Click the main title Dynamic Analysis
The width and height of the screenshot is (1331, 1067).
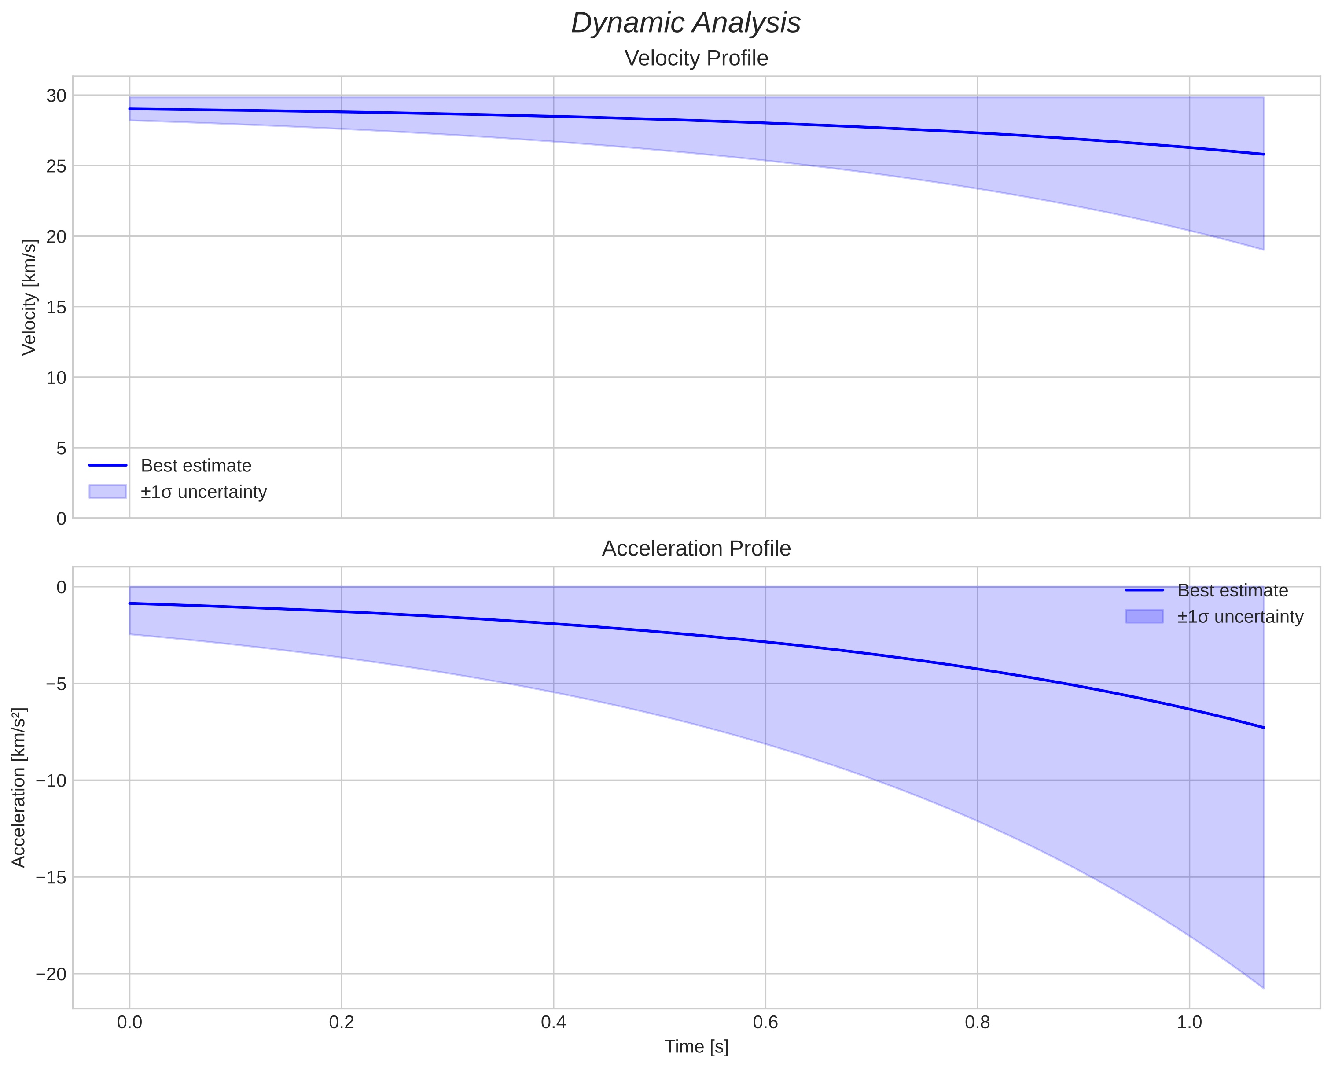click(x=685, y=23)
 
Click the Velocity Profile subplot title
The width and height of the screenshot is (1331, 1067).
click(x=696, y=58)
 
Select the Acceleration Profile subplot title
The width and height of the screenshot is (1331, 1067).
click(x=696, y=548)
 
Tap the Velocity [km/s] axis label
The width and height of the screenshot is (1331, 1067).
click(x=29, y=297)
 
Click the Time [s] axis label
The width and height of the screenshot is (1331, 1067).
click(x=696, y=1046)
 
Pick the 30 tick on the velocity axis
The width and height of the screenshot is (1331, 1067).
click(x=56, y=96)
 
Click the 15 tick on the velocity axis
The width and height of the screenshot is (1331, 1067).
click(x=56, y=307)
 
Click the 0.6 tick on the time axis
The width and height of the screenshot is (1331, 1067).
click(x=765, y=1023)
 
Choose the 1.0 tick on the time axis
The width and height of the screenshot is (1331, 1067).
click(x=1189, y=1023)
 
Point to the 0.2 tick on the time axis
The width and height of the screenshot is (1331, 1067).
click(x=342, y=1023)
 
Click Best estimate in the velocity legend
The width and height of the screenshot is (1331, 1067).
click(x=196, y=466)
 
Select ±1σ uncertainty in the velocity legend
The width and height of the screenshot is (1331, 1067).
click(x=204, y=492)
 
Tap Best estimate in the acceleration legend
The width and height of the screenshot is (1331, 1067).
click(x=1232, y=590)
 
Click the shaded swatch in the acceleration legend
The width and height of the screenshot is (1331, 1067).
click(x=1144, y=616)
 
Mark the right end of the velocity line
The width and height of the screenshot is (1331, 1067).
click(x=1263, y=155)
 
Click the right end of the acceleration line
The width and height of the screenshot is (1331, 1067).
click(x=1263, y=727)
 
